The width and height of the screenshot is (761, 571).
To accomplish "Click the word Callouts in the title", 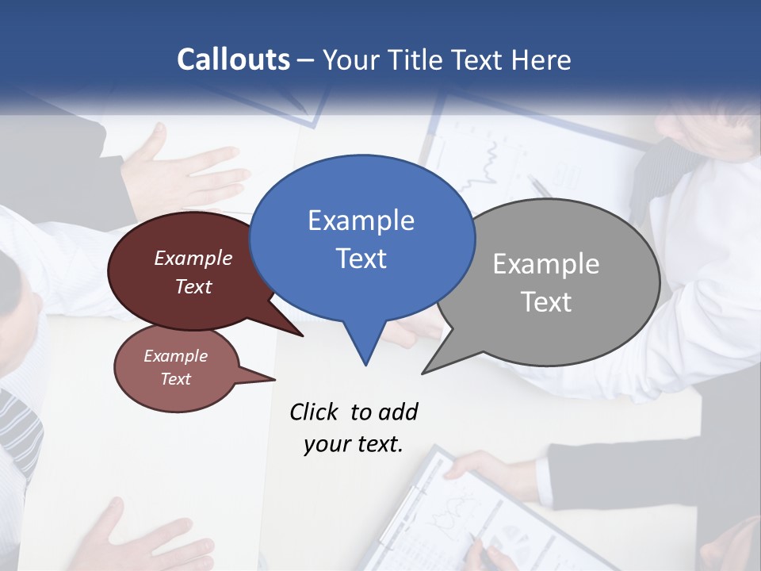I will [234, 59].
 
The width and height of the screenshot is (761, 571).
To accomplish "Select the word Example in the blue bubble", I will [361, 220].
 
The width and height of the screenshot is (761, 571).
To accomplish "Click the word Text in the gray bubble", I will [546, 302].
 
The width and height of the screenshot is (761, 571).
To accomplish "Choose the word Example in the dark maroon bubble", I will [193, 259].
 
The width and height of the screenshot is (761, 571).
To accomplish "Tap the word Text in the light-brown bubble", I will [176, 379].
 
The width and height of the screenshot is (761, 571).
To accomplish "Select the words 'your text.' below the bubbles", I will [354, 444].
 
